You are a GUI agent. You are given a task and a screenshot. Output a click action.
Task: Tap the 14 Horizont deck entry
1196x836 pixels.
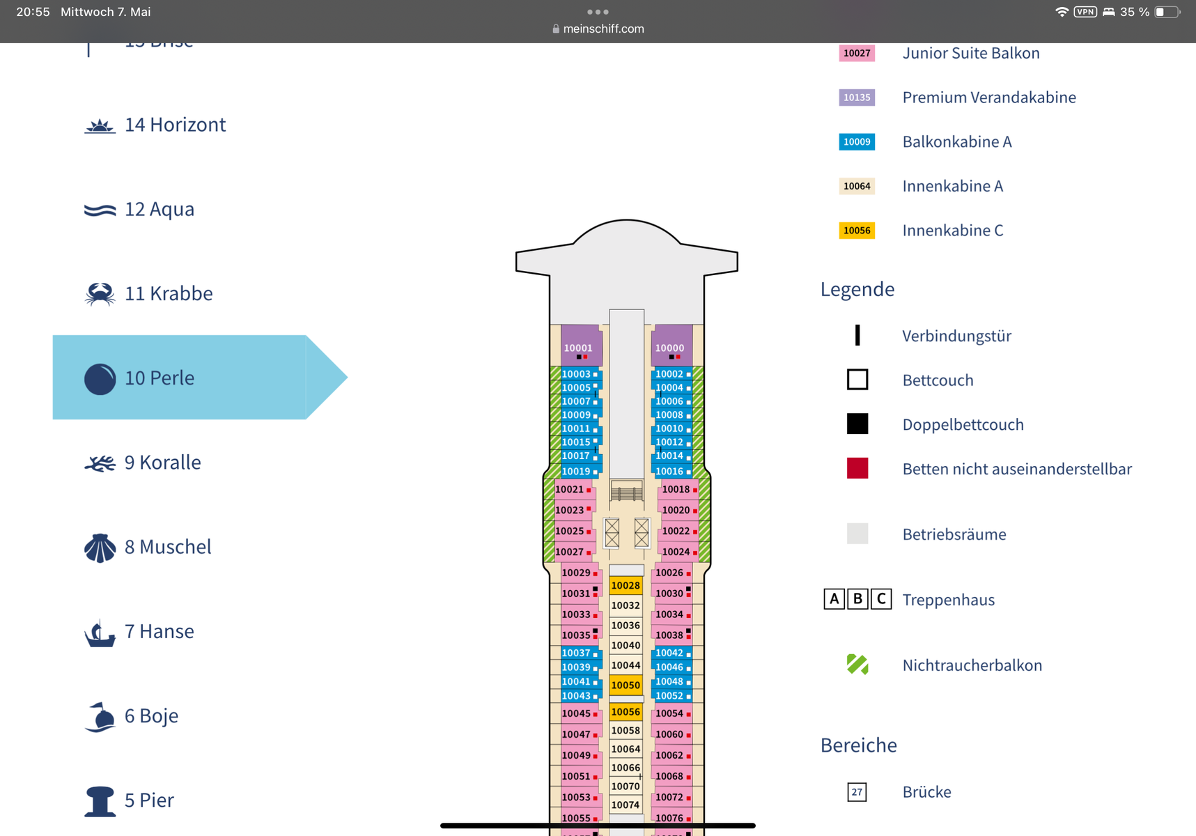click(x=175, y=125)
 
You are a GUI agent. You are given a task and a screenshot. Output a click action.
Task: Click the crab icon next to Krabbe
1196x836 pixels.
click(x=100, y=294)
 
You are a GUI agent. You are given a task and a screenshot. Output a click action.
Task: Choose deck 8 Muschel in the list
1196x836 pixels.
click(x=168, y=547)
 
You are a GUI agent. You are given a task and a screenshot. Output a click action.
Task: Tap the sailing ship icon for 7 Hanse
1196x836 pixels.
click(x=100, y=633)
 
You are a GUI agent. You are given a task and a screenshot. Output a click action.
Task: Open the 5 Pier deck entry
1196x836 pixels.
click(x=149, y=800)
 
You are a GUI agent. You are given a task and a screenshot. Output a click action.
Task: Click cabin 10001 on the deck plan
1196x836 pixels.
click(x=578, y=348)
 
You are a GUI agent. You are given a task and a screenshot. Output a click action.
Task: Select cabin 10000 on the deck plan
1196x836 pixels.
click(x=669, y=348)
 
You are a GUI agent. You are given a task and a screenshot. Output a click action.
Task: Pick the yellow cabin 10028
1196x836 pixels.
click(x=626, y=586)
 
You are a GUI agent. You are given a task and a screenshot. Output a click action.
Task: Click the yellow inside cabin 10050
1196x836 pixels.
click(x=626, y=686)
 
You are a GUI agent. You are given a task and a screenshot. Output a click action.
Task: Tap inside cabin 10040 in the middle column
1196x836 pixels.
click(x=626, y=646)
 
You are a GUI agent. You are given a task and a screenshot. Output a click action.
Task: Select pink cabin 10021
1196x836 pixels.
click(x=570, y=490)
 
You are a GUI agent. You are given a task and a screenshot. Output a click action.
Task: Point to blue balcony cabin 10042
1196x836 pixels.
click(x=669, y=653)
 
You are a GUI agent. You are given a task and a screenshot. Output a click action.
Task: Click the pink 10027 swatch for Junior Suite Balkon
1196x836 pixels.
click(x=857, y=54)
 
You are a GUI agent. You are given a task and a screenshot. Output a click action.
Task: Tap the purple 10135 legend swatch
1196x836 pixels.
click(x=857, y=98)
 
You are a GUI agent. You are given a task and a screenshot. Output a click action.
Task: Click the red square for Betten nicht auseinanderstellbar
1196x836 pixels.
click(x=857, y=469)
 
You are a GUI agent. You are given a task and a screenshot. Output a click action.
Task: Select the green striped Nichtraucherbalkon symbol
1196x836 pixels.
click(x=857, y=665)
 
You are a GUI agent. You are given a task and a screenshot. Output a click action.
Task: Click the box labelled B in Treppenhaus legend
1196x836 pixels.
click(x=857, y=599)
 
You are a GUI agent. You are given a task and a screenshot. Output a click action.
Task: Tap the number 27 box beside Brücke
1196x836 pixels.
click(x=857, y=792)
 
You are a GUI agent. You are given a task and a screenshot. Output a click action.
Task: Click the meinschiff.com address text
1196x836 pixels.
click(x=603, y=29)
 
